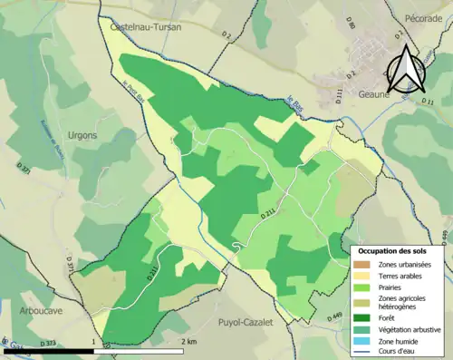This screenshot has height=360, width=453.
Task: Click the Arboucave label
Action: (42, 310)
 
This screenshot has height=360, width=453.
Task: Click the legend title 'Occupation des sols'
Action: (395, 249)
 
